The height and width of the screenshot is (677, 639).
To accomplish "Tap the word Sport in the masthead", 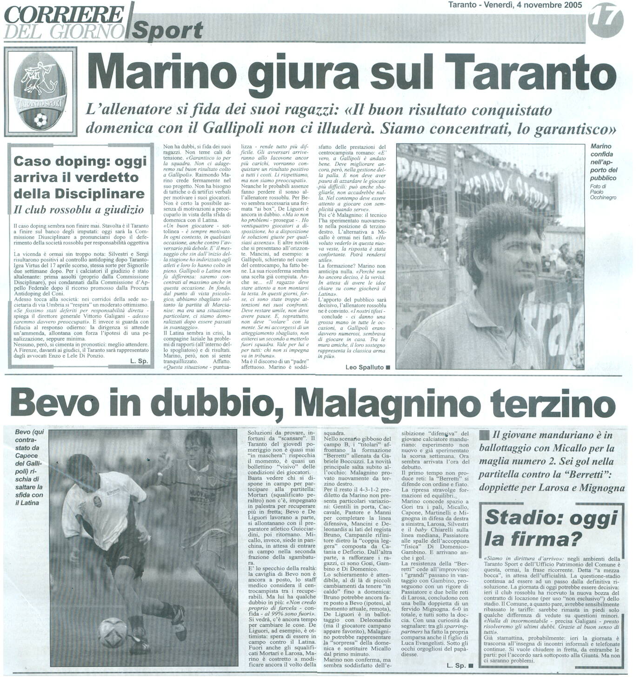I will [168, 31].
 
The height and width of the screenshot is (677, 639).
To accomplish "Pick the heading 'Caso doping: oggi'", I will [80, 161].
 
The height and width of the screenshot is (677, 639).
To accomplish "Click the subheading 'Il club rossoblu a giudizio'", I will [79, 209].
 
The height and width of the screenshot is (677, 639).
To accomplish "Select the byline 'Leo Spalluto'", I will [365, 367].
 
